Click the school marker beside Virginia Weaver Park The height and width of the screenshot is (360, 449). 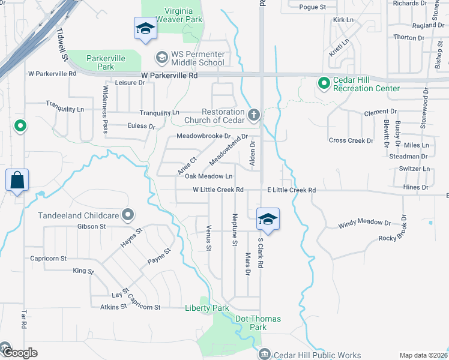[145, 29]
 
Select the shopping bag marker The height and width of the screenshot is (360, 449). [17, 180]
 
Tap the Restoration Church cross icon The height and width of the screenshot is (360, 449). [254, 113]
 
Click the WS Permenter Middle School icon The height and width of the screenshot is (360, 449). [161, 58]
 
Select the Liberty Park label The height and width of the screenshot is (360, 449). [206, 308]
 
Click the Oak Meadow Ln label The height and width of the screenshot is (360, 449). [208, 176]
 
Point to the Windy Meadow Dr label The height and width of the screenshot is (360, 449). [364, 224]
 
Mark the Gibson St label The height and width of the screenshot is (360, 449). [91, 226]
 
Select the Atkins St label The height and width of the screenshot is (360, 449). [114, 307]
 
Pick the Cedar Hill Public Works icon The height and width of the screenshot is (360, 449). [264, 355]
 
